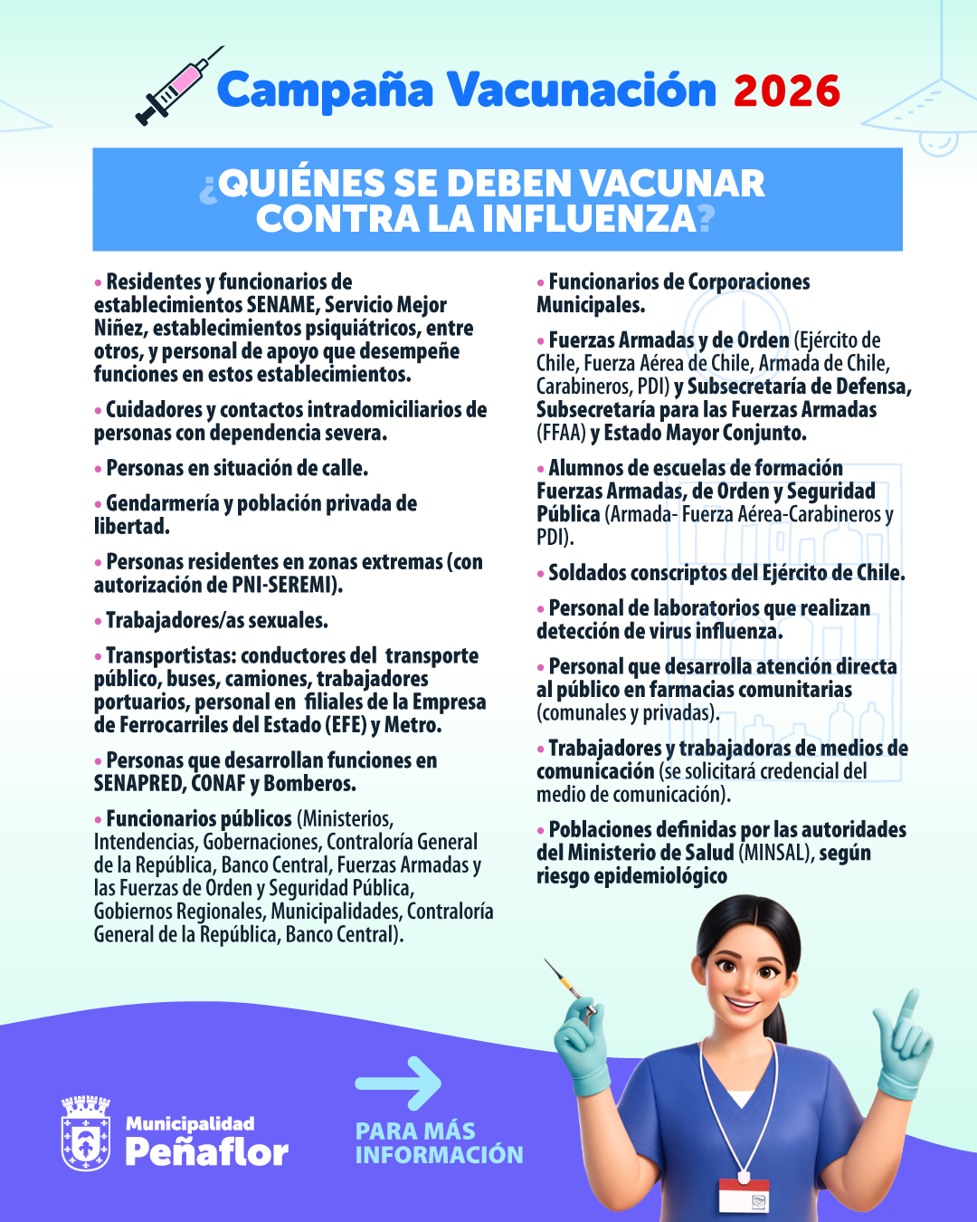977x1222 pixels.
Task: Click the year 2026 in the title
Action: click(x=787, y=91)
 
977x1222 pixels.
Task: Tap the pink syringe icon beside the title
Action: click(x=178, y=86)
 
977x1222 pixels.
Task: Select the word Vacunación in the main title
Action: click(x=582, y=91)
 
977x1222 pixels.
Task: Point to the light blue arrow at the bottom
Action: click(x=398, y=1083)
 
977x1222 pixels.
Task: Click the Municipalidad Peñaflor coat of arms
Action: click(x=86, y=1133)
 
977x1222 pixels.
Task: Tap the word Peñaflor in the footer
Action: click(x=206, y=1150)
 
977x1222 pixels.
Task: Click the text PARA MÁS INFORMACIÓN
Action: click(x=439, y=1143)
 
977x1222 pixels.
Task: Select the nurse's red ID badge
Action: click(x=744, y=1195)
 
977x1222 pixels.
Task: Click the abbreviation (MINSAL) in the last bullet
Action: click(x=776, y=853)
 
